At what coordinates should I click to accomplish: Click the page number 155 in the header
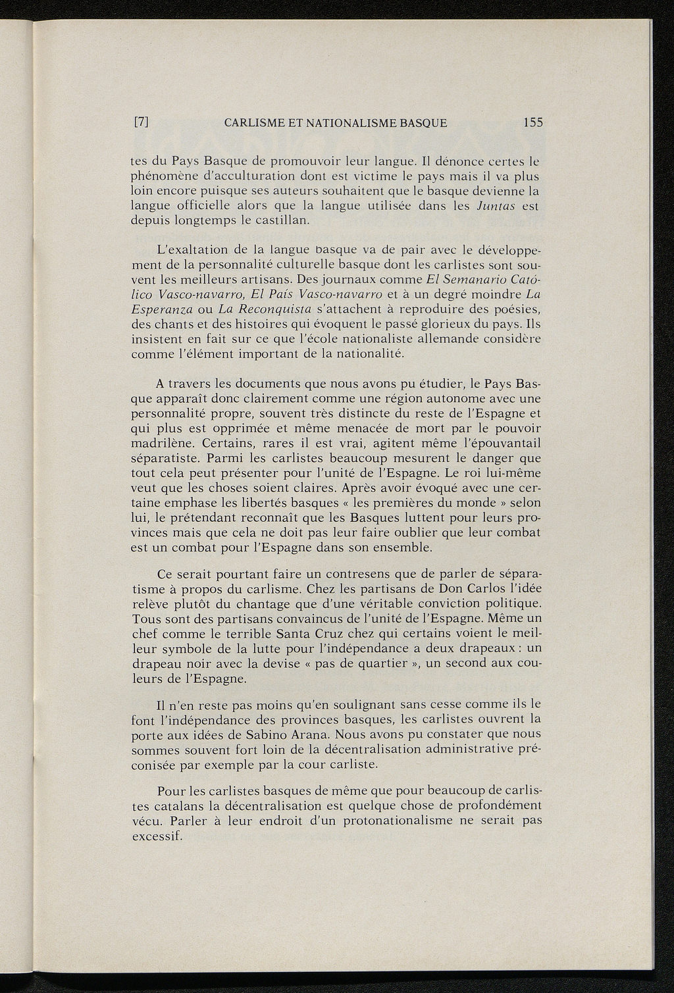[x=532, y=122]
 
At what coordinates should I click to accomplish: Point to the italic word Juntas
[x=495, y=207]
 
